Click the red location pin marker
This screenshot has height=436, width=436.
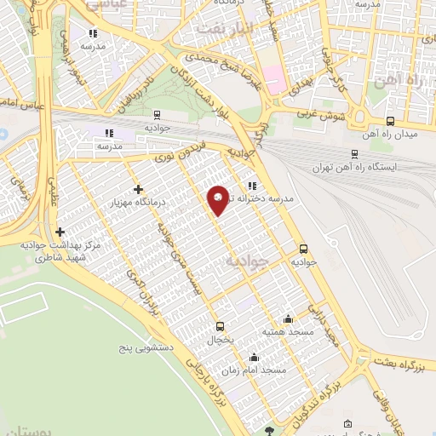(x=219, y=199)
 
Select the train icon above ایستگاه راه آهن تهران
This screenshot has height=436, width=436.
(x=354, y=154)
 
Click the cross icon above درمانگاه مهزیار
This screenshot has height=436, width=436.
(x=138, y=189)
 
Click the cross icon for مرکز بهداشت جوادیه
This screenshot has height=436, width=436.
(x=60, y=232)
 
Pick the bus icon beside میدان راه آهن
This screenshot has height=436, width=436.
(x=391, y=122)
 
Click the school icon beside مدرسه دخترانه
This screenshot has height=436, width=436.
(x=252, y=186)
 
